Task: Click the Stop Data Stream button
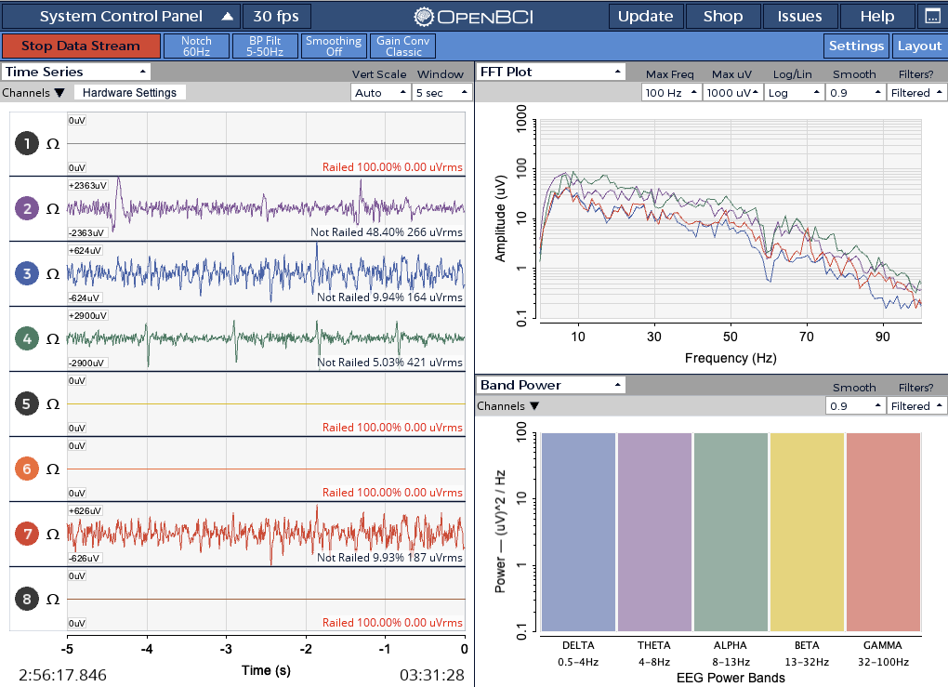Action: point(81,46)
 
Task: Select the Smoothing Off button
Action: point(334,46)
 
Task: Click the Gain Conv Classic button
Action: point(403,46)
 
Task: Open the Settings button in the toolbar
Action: point(856,46)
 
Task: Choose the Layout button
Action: point(918,46)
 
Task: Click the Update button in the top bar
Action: point(645,17)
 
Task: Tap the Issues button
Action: point(799,17)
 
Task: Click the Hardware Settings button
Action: point(129,93)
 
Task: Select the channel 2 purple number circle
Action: point(27,209)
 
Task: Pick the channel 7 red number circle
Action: point(27,535)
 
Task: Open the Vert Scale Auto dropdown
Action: point(380,93)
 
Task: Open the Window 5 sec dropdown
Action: point(441,93)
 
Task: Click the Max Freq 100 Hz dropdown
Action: point(670,93)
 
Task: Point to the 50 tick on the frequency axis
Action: point(731,336)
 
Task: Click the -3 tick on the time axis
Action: point(226,648)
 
